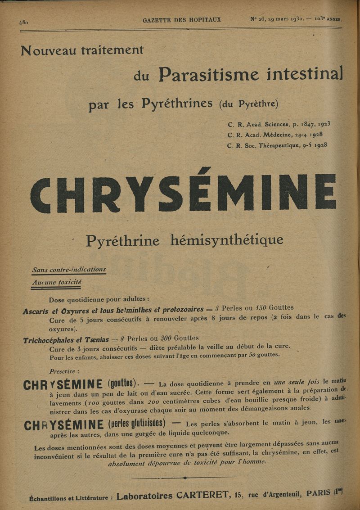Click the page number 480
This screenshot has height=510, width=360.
pyautogui.click(x=24, y=22)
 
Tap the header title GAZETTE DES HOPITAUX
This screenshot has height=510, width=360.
pyautogui.click(x=182, y=20)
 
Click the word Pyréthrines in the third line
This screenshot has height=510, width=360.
pyautogui.click(x=177, y=104)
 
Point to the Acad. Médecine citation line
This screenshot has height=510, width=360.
pyautogui.click(x=275, y=135)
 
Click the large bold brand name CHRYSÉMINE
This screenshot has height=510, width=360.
pyautogui.click(x=183, y=194)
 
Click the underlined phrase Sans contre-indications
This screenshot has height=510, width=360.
pyautogui.click(x=69, y=270)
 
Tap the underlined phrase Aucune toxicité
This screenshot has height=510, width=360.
pyautogui.click(x=57, y=283)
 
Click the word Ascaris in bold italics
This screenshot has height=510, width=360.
pyautogui.click(x=36, y=311)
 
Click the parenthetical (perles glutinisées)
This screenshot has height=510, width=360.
pyautogui.click(x=137, y=424)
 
